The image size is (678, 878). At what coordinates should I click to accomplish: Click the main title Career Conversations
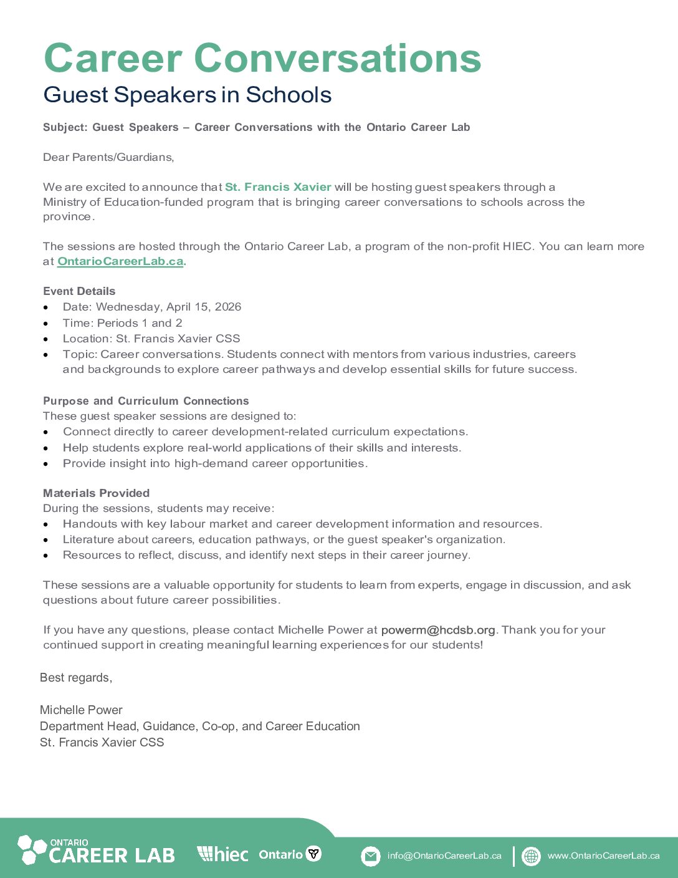coord(262,58)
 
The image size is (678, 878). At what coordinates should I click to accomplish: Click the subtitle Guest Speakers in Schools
coord(187,95)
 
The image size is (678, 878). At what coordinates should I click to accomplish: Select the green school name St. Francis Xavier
coord(278,187)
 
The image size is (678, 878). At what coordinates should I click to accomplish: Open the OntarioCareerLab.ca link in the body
coord(120,261)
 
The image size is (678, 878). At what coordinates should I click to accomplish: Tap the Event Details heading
coord(79,291)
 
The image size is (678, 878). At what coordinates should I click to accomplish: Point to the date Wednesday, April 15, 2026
coord(168,307)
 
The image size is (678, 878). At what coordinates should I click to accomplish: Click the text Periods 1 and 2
coord(140,323)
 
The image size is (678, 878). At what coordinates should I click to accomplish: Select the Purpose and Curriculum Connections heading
coord(146,401)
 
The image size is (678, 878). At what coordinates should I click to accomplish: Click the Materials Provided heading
coord(96,493)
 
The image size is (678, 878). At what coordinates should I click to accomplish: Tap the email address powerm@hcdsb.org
coord(437,630)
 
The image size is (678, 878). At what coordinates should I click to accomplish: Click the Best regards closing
coord(76,678)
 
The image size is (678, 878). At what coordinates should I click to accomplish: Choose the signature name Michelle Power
coord(81,710)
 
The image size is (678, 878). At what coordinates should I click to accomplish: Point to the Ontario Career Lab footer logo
coord(97,851)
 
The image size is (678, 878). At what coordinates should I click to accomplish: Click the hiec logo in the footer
coord(222,854)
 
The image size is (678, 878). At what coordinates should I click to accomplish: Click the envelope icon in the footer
coord(370,856)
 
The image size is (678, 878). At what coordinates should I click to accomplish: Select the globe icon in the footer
coord(531,856)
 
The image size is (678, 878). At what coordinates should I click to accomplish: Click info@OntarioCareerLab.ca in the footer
coord(444,856)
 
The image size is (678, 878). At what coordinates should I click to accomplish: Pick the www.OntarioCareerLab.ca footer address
coord(603,856)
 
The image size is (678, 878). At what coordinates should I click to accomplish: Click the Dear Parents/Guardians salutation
coord(108,157)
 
